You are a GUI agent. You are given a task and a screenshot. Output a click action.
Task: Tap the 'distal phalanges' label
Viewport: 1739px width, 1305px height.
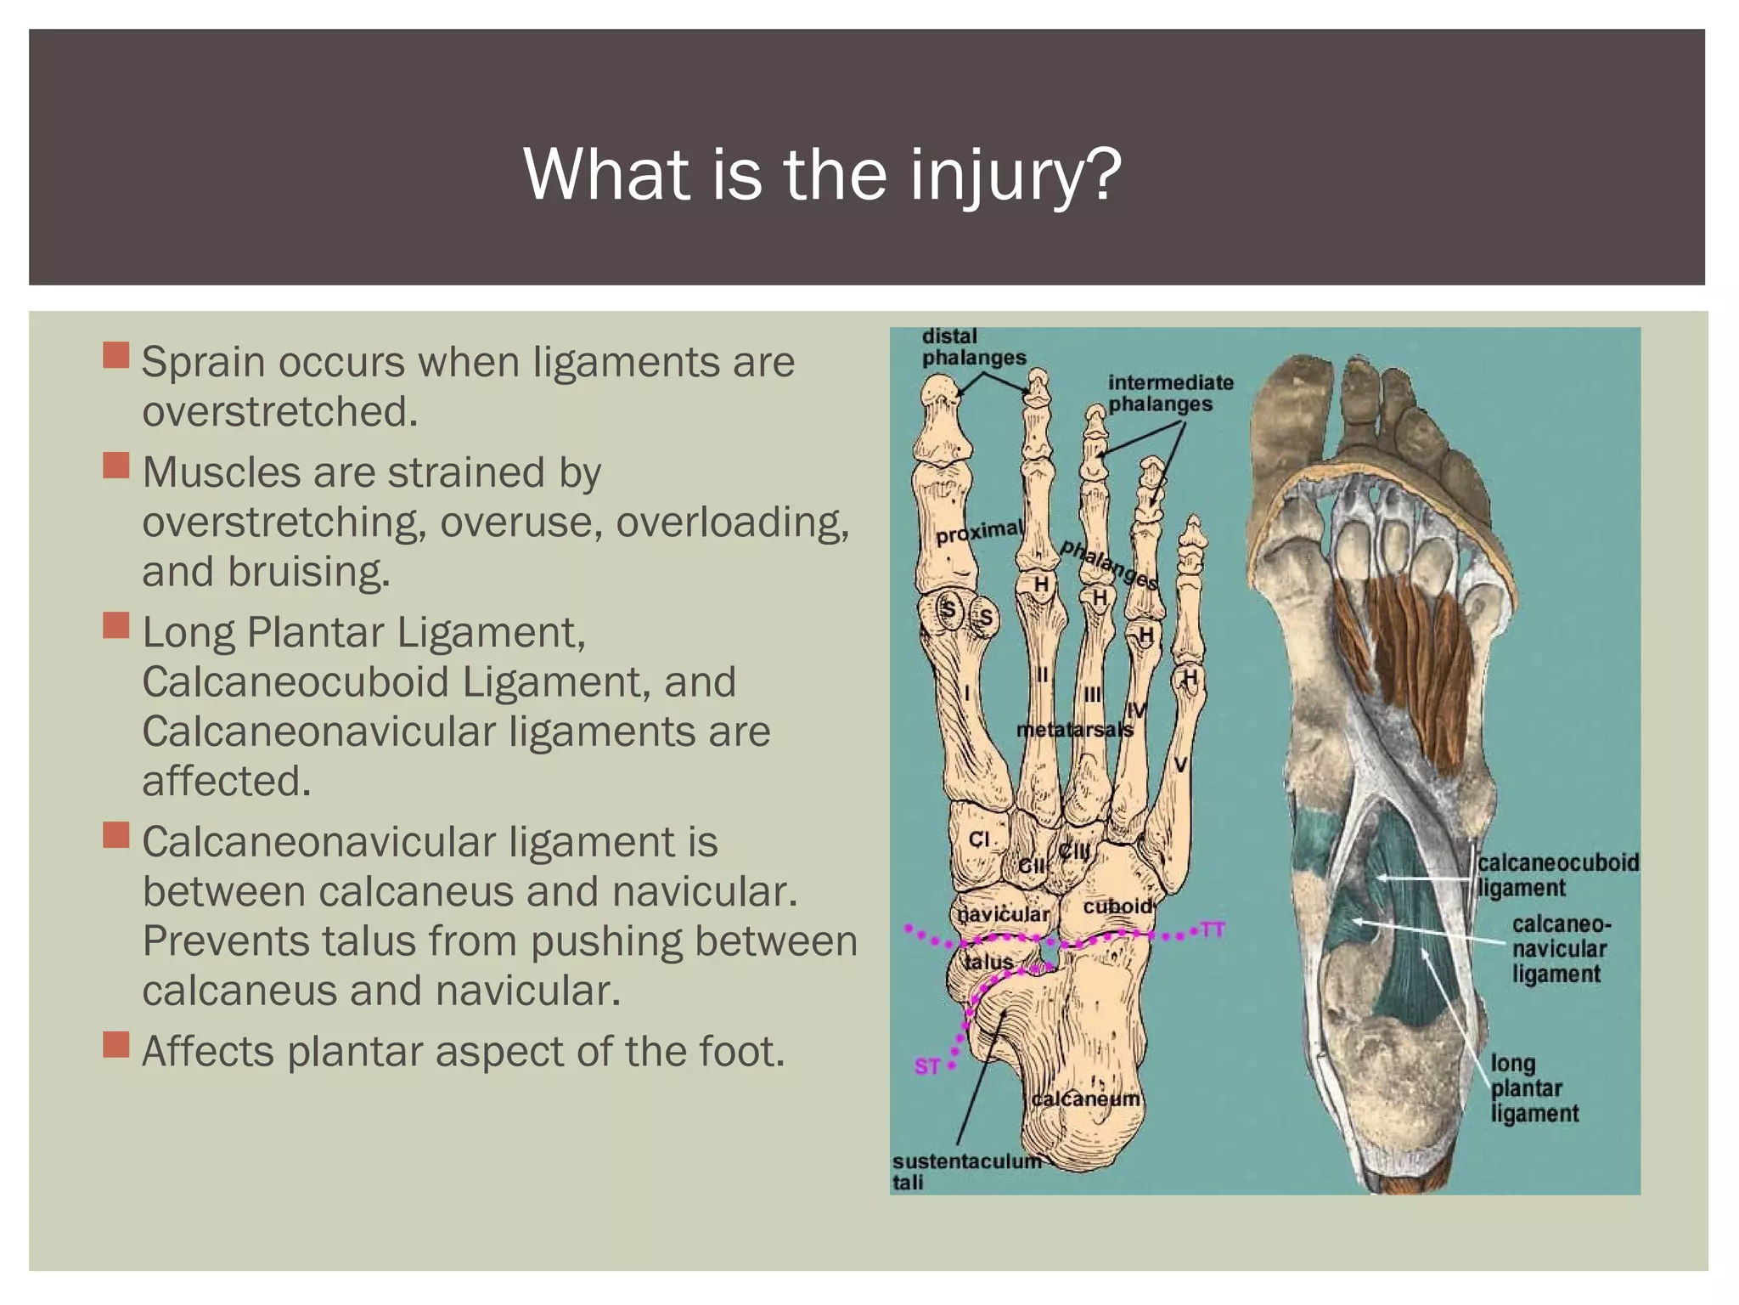[973, 347]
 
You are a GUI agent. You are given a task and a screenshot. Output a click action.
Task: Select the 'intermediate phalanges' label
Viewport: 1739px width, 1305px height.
[1169, 393]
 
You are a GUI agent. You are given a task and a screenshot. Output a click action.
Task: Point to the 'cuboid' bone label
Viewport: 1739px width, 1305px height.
[1117, 907]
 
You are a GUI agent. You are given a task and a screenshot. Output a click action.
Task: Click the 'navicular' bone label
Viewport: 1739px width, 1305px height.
[1004, 914]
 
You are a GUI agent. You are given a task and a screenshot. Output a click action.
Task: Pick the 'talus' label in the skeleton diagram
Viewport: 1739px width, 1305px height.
[989, 962]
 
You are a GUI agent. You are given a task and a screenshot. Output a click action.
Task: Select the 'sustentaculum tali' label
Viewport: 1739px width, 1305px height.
[965, 1171]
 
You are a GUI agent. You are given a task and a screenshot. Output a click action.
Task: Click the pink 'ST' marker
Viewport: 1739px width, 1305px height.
[926, 1065]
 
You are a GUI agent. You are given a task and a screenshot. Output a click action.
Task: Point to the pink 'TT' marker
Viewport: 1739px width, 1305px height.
[1213, 929]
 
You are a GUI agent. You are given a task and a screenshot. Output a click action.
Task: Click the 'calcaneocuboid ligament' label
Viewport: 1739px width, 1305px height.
[1557, 875]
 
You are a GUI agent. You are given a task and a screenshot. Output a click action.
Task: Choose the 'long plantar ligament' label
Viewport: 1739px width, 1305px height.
[1534, 1088]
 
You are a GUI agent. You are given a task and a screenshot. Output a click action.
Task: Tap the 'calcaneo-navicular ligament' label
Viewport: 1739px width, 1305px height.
[1560, 949]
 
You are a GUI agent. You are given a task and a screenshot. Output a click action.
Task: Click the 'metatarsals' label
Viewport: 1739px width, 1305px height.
[1074, 729]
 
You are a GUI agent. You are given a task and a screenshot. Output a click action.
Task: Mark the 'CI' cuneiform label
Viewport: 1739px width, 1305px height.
[979, 839]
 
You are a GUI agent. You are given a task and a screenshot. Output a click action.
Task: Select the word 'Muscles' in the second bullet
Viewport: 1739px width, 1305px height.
[221, 472]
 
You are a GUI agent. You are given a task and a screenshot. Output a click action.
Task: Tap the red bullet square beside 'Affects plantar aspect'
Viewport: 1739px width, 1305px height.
[116, 1044]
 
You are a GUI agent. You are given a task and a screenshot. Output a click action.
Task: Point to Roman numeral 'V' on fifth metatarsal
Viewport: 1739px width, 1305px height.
[1180, 765]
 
